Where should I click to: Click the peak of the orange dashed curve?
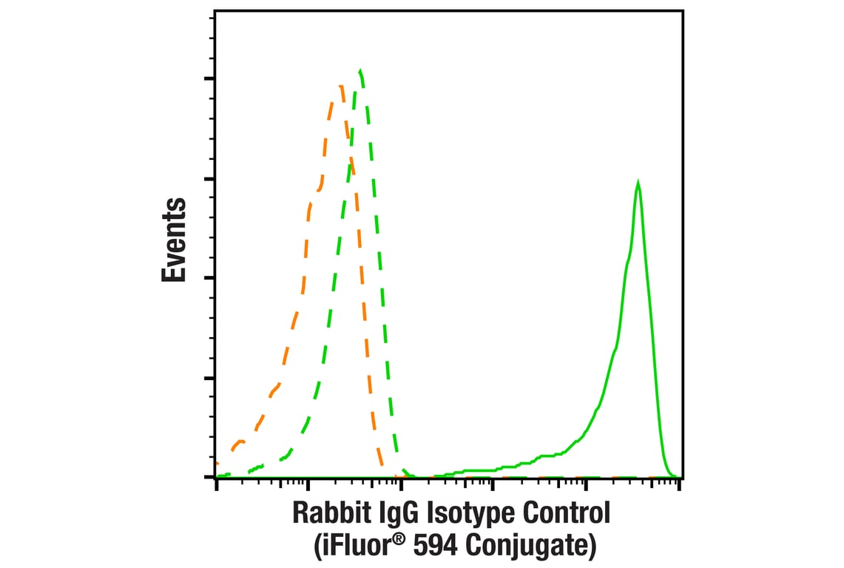coord(341,87)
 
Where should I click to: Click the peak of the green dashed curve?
coord(360,71)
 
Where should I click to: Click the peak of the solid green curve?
coord(638,182)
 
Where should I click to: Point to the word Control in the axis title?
coord(570,513)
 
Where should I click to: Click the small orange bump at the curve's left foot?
coord(238,442)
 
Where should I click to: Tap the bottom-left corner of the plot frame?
coord(215,478)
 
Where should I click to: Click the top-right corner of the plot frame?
coord(681,10)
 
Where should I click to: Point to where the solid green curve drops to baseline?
coord(669,475)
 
